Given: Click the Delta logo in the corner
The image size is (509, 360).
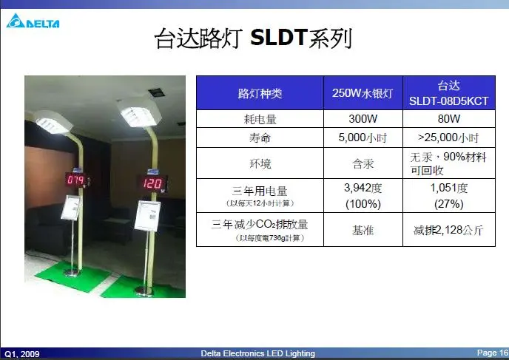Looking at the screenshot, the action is click(33, 21).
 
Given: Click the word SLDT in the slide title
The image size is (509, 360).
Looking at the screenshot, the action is click(278, 37).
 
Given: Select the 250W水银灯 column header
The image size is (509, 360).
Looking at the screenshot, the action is click(363, 93).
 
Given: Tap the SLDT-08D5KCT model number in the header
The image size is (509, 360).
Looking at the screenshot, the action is click(448, 101).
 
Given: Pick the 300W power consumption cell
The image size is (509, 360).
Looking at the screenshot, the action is click(363, 119).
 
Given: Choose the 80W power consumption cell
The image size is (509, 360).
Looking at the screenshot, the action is click(449, 119).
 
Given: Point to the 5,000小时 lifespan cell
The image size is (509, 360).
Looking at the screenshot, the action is click(363, 137).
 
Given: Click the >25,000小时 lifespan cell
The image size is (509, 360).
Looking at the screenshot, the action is click(448, 137).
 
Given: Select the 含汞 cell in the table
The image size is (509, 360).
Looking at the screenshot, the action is click(363, 163).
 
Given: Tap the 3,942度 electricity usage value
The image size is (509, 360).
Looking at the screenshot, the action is click(363, 188).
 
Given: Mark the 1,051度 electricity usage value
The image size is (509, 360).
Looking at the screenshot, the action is click(449, 188).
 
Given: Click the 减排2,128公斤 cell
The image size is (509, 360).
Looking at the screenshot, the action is click(448, 230).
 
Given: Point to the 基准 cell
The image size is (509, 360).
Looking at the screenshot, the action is click(363, 230).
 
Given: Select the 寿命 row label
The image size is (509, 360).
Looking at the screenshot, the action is click(260, 137).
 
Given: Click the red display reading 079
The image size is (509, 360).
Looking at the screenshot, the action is click(76, 180).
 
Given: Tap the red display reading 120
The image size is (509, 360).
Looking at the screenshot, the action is click(152, 183).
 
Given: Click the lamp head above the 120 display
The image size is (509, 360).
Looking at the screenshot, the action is click(140, 113).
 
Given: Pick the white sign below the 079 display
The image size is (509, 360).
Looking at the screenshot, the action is click(70, 208).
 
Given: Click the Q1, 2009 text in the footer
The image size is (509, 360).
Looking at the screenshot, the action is click(22, 354).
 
